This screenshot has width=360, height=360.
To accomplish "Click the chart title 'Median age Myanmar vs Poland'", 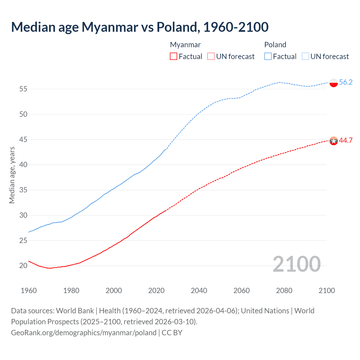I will coord(140,27).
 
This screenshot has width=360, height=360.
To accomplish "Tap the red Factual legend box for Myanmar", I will coord(174,56).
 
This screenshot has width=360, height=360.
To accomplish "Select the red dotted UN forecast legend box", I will coord(211,56).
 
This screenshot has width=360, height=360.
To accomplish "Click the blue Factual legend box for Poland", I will coord(268,56).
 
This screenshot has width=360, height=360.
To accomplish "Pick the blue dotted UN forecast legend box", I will coord(305,56).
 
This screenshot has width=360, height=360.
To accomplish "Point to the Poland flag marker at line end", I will coord(334,83).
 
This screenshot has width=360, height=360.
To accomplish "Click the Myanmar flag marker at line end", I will coord(334,141).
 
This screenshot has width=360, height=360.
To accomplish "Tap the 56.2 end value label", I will coord(346,82).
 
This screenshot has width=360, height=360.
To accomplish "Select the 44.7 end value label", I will coord(346,140).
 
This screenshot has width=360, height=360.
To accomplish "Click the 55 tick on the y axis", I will coord(23,89).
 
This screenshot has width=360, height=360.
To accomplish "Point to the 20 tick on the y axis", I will coord(23,265).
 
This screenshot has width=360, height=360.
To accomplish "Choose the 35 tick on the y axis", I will coord(23,190).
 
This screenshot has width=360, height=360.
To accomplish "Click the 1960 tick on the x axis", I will coord(29,291).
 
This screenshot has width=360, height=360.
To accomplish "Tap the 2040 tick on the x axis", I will coord(199,291).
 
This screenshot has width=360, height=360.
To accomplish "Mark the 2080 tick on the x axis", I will coord(284,291).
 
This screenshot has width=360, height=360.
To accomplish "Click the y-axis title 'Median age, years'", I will coord(12,175).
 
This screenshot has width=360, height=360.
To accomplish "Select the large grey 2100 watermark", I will coord(296,264).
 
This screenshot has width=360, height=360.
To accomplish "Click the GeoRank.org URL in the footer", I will coord(84,333).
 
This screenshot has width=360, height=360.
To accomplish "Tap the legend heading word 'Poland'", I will coord(275,45).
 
